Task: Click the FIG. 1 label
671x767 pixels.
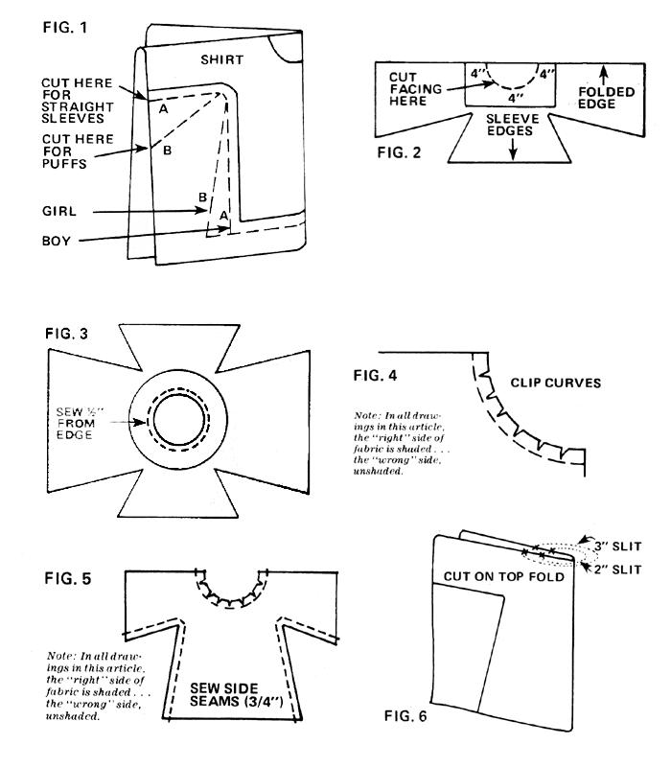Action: (65, 28)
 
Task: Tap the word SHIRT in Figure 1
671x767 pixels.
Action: (222, 59)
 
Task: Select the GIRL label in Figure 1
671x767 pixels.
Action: (59, 211)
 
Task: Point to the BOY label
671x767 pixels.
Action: (57, 241)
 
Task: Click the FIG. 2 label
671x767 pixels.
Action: (399, 152)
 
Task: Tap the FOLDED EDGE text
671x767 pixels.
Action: (606, 98)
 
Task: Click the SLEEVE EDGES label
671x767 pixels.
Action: (512, 125)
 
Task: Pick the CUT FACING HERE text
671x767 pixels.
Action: (415, 89)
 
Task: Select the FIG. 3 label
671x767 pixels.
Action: (66, 334)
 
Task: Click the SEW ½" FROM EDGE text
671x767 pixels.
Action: (80, 424)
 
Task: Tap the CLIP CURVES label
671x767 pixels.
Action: (556, 383)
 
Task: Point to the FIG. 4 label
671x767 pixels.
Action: (375, 376)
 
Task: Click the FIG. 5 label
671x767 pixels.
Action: (67, 579)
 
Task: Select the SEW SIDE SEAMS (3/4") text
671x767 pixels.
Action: (236, 694)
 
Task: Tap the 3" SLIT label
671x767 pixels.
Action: (617, 546)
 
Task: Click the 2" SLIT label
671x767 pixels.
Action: (617, 569)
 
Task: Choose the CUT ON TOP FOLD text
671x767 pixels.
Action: (504, 577)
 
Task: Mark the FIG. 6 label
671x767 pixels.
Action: (405, 716)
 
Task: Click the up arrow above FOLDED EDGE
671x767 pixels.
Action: (605, 76)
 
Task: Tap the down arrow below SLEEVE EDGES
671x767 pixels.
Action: (513, 150)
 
